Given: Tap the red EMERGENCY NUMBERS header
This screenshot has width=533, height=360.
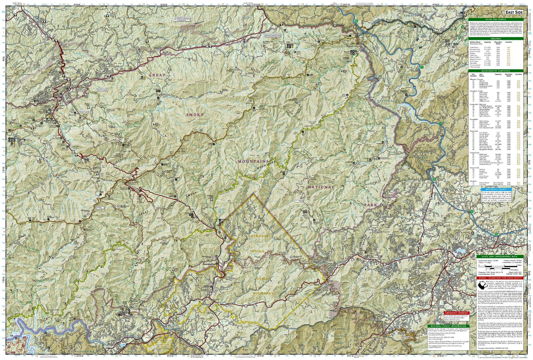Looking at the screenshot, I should tap(456, 313).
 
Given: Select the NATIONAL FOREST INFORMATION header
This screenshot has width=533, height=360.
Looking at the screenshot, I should tap(447, 326).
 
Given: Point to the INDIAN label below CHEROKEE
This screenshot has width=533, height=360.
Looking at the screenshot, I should tap(257, 251).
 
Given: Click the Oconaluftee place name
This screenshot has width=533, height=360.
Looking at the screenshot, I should tap(210, 264).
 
